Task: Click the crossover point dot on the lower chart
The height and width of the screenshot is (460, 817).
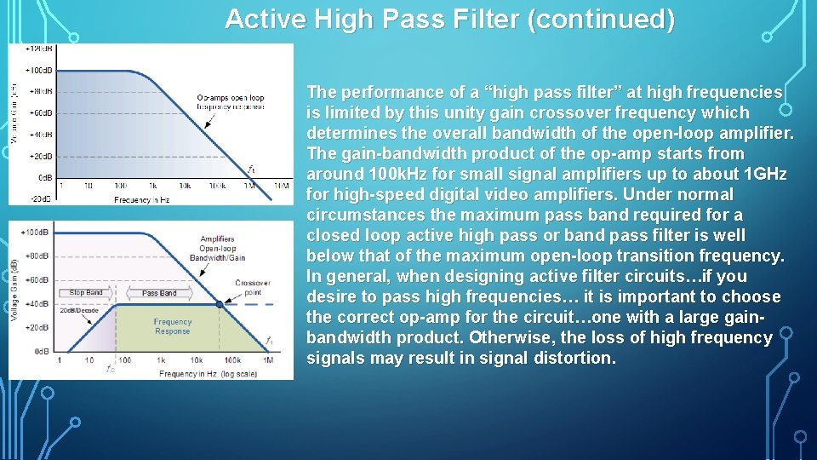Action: point(220,304)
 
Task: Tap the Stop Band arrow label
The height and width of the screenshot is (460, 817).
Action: point(86,293)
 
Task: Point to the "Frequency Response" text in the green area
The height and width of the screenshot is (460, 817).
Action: point(172,326)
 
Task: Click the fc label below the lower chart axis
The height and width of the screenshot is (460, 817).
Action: point(110,369)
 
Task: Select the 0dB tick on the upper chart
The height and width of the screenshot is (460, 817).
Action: point(43,178)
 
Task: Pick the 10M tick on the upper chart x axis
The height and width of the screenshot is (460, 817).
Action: point(277,186)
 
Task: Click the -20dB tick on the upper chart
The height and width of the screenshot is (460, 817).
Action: point(41,199)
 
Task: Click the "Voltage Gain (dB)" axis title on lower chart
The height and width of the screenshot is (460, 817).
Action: point(13,290)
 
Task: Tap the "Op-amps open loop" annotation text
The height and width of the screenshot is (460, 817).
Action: point(230,98)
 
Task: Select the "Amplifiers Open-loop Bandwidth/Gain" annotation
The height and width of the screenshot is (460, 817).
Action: point(218,248)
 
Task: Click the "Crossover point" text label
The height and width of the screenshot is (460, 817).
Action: point(253,288)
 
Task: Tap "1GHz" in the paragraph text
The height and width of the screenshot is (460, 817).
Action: point(765,175)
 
